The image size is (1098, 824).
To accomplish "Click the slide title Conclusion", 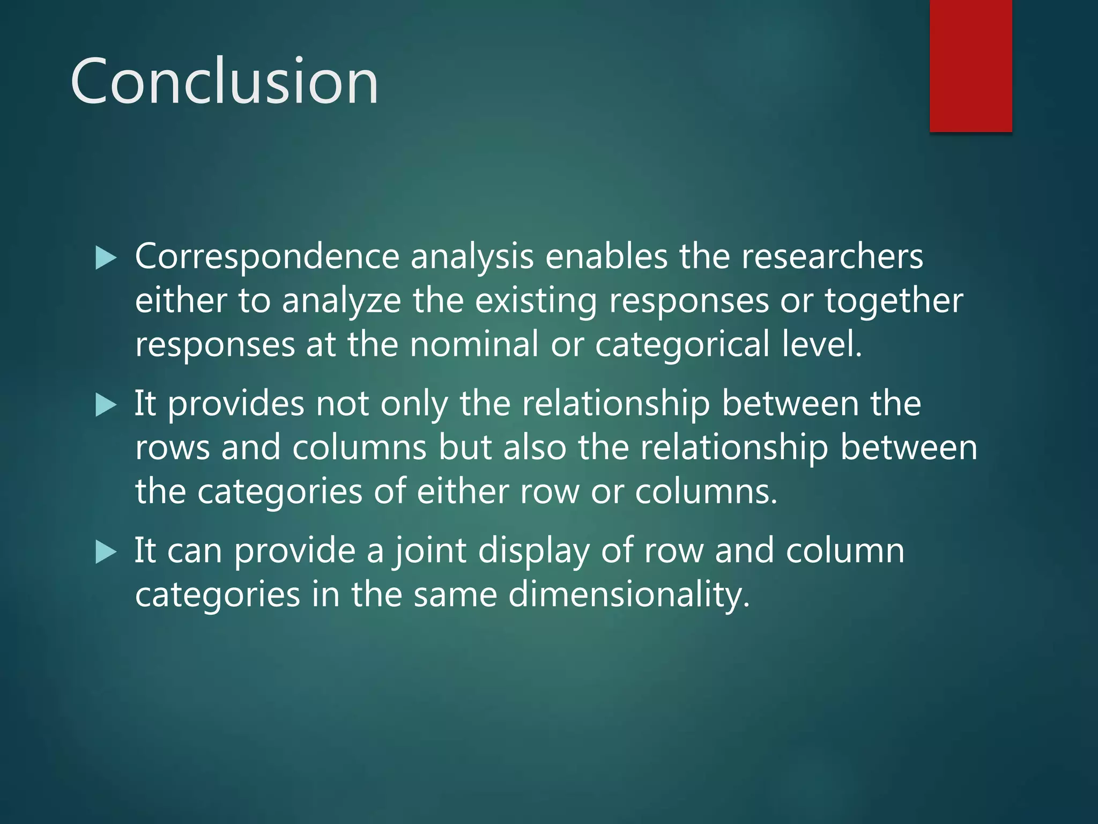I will (224, 82).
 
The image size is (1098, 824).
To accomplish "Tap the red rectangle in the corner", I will (970, 65).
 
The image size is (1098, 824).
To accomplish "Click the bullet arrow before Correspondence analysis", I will (106, 258).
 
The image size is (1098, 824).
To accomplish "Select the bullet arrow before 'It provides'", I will (106, 405).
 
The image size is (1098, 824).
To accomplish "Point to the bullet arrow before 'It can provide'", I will (106, 552).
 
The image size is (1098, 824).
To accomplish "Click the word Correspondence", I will (267, 256).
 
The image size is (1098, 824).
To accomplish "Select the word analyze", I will (342, 300).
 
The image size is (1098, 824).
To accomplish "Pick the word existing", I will (536, 300).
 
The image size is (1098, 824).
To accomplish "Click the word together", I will (894, 300).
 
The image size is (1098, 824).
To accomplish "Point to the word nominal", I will (474, 344).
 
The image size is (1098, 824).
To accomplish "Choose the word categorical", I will (682, 344).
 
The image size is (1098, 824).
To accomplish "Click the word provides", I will (236, 403).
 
